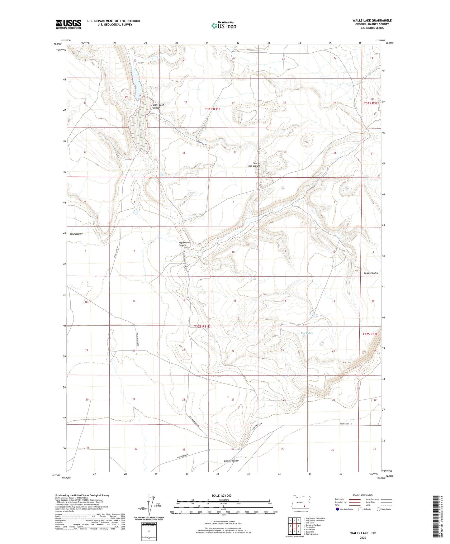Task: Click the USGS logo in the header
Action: click(x=68, y=24)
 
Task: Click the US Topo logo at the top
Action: click(x=223, y=26)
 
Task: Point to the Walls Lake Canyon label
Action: click(x=158, y=107)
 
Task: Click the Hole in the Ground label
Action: click(x=254, y=165)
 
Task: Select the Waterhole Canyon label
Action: click(x=184, y=244)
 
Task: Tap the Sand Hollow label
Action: click(x=76, y=234)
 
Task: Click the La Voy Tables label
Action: click(x=371, y=273)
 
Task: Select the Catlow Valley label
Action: click(x=231, y=461)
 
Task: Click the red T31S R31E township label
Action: click(x=212, y=109)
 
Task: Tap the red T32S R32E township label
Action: click(x=370, y=334)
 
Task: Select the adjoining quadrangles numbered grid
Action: click(x=294, y=526)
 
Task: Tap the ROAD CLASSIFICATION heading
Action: click(x=363, y=495)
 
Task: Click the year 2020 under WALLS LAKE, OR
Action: click(x=362, y=538)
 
